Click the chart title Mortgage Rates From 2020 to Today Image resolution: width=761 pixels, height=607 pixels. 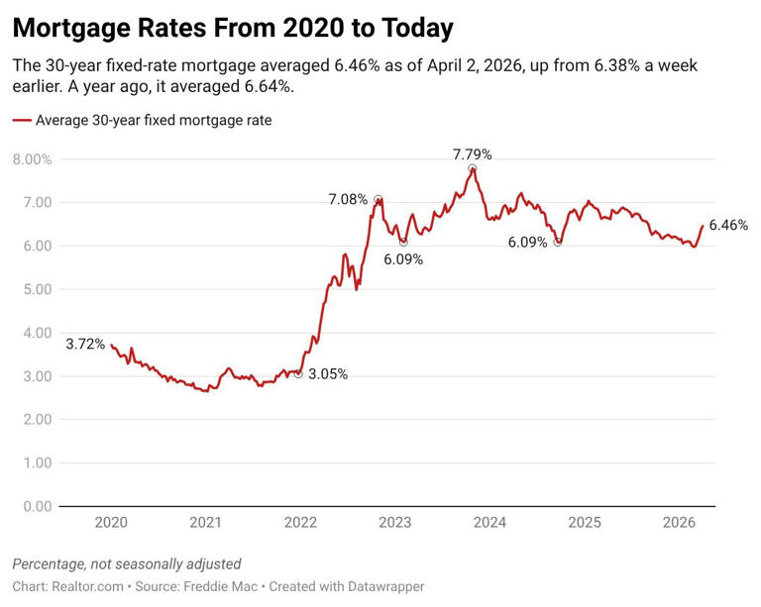[233, 28]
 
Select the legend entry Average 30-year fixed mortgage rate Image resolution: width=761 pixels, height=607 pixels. [153, 121]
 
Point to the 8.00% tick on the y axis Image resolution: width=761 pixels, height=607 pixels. [32, 158]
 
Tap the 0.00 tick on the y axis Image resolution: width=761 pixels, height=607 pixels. [37, 506]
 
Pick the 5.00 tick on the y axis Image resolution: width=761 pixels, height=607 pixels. [37, 289]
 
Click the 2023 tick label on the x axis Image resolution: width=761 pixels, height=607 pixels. [394, 522]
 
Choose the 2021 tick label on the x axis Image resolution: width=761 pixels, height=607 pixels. [205, 522]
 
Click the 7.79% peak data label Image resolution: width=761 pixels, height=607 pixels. [472, 154]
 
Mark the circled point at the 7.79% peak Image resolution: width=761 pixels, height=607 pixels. [473, 169]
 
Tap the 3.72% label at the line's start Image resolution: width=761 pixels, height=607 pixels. [85, 345]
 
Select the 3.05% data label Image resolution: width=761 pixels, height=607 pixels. [328, 374]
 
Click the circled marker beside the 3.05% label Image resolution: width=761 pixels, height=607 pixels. [298, 373]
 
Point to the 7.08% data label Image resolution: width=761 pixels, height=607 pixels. [348, 200]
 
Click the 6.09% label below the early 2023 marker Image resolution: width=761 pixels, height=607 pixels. [403, 259]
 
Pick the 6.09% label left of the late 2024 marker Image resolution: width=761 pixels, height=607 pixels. [527, 242]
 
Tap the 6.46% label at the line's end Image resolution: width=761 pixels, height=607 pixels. [728, 225]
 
